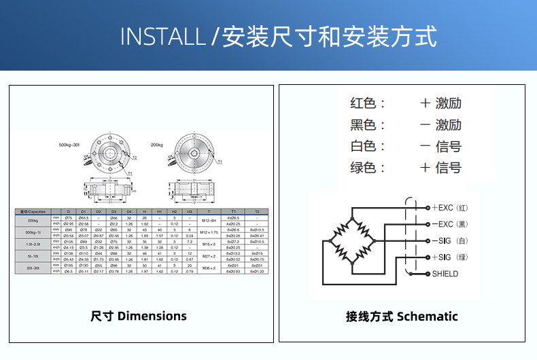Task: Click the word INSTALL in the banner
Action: (162, 37)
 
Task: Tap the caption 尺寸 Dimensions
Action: (138, 316)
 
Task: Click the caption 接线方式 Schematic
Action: (402, 316)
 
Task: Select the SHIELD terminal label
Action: (445, 274)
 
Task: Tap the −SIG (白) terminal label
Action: (451, 241)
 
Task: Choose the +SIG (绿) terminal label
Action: (451, 257)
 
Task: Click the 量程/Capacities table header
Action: (33, 212)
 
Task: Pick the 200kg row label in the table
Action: (33, 220)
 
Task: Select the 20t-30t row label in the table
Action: (33, 268)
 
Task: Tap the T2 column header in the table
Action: (257, 212)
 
